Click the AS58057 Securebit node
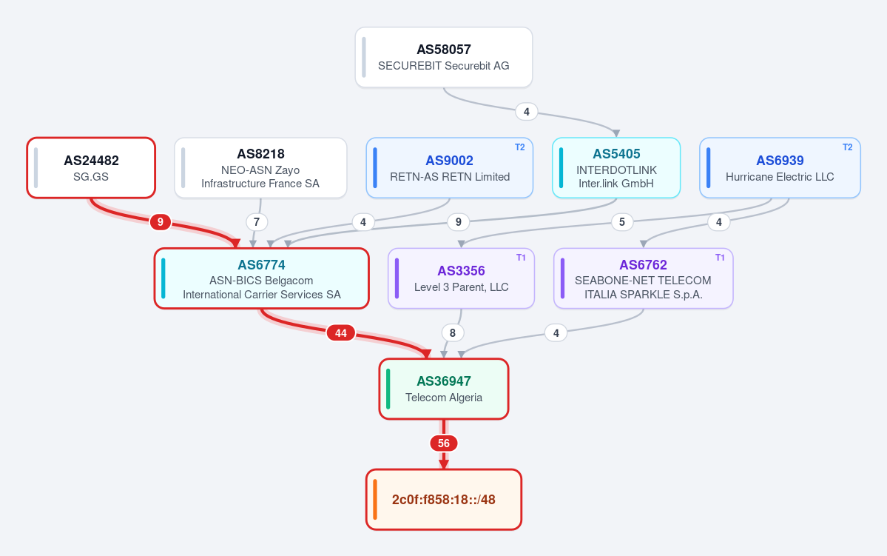pos(444,57)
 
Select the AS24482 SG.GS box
pos(91,168)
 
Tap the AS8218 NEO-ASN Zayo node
pos(260,168)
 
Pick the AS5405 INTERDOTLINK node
pos(616,168)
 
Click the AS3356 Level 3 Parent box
pos(461,278)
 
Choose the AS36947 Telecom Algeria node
pos(444,389)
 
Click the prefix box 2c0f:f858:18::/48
pos(444,500)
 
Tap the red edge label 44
pos(340,333)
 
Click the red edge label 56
pos(444,443)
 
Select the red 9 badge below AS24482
pos(160,222)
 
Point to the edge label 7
pos(257,222)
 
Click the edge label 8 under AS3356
pos(453,333)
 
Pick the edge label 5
pos(621,222)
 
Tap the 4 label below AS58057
pos(527,112)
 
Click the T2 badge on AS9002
pos(520,147)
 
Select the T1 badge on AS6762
pos(720,258)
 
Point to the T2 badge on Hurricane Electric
pos(847,147)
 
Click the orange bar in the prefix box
pos(375,500)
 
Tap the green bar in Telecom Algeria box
pos(388,389)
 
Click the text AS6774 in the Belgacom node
pos(261,265)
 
